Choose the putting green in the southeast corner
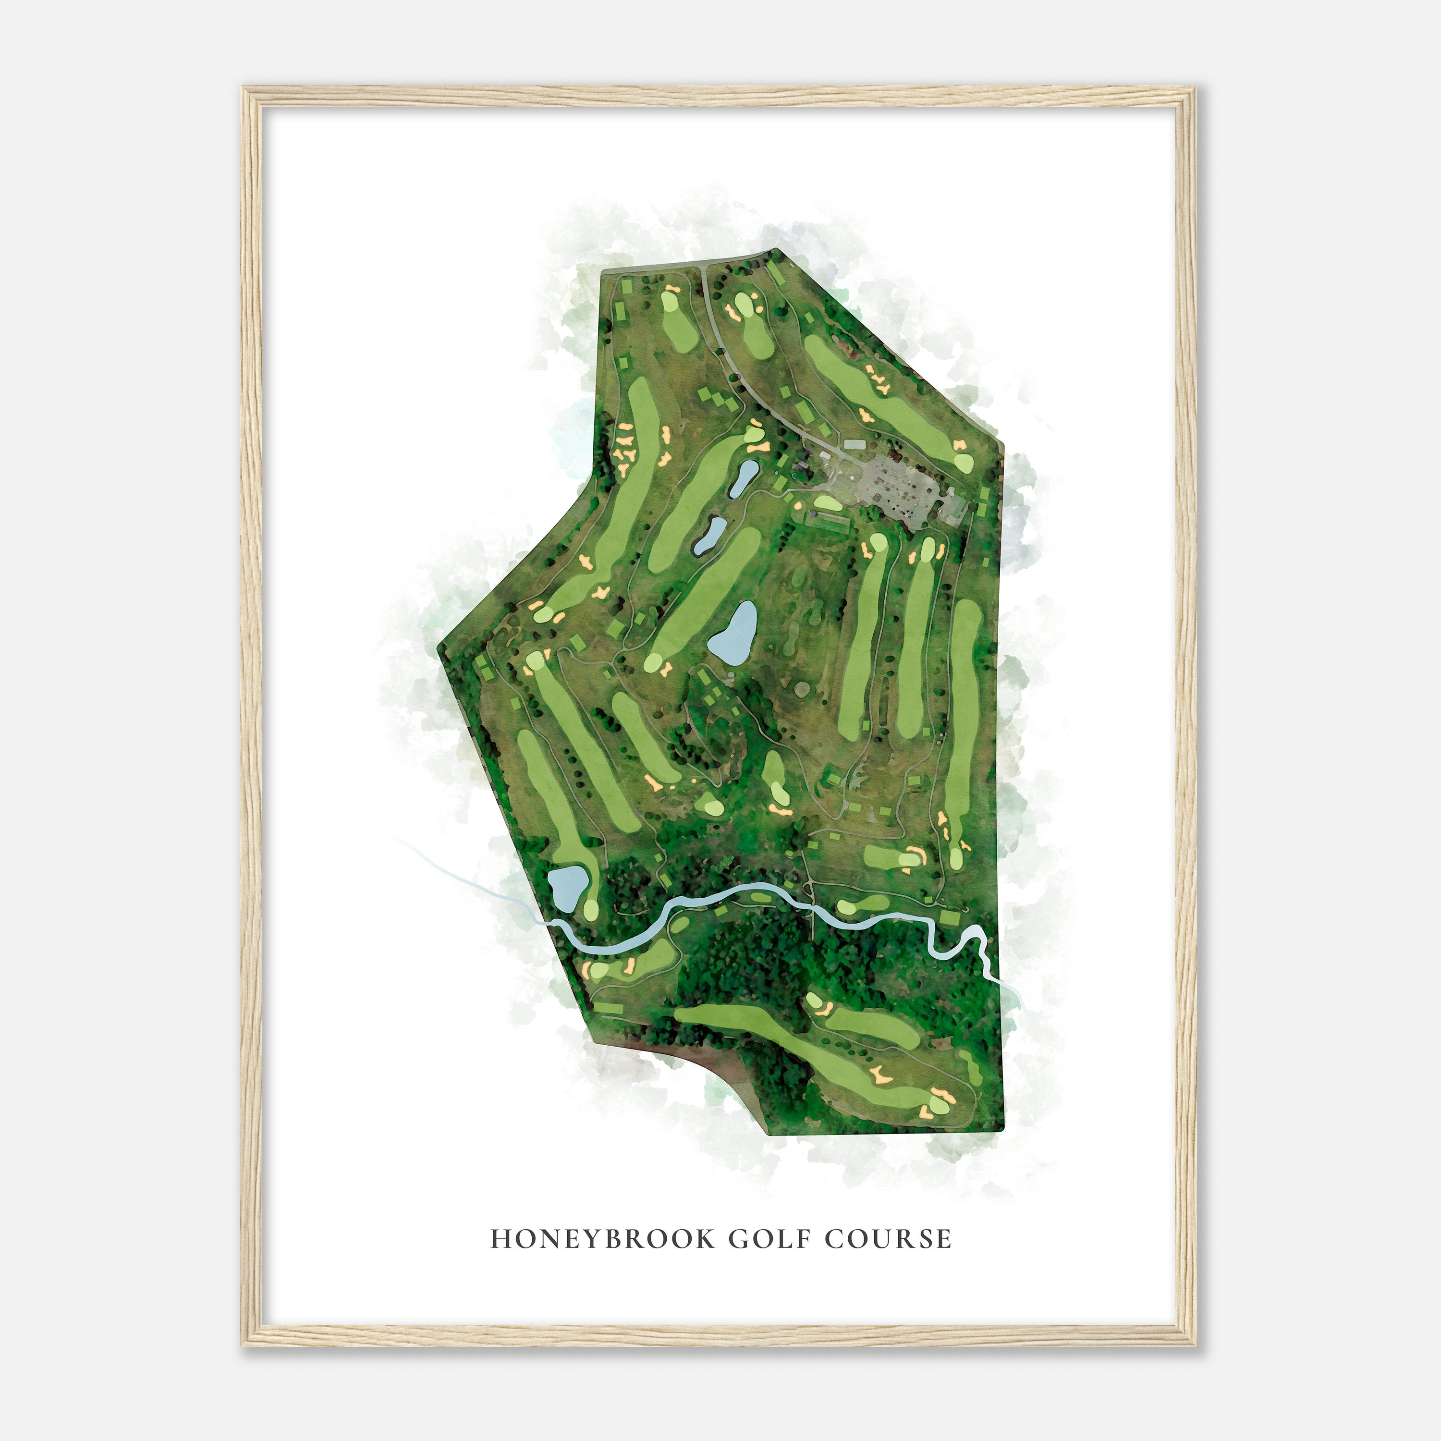point(939,1105)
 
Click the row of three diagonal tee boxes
point(720,403)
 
